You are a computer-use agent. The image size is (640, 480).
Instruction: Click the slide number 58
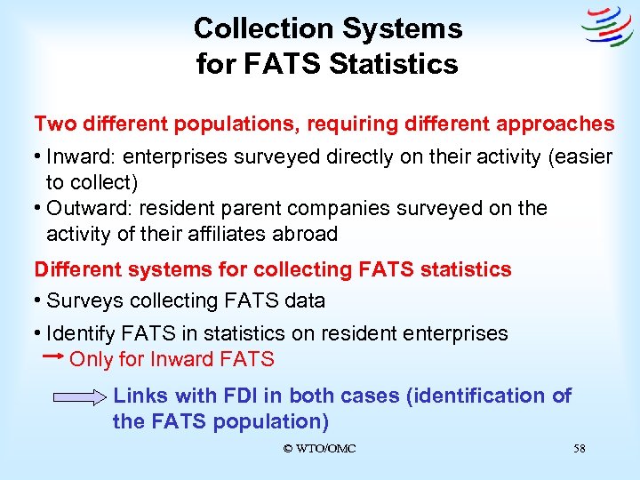click(580, 449)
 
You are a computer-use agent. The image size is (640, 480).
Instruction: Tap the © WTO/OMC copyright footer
click(319, 449)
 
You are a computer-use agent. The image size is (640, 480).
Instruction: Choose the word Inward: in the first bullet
click(82, 157)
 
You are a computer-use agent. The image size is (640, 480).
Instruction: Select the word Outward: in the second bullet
click(89, 209)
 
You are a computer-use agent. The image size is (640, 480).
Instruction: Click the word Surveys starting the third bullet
click(82, 301)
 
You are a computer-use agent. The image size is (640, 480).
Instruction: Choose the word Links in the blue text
click(141, 396)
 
